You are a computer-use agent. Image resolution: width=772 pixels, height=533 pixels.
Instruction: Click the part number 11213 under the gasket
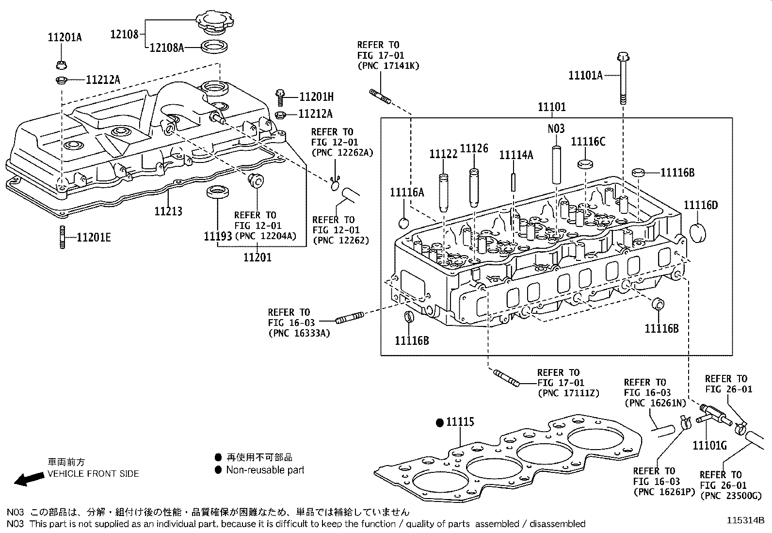click(168, 211)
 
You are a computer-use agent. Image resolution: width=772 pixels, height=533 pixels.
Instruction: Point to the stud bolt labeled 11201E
click(62, 237)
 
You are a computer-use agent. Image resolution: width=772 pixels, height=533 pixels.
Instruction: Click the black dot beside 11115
click(440, 422)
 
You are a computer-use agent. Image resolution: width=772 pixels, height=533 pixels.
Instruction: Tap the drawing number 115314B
click(745, 520)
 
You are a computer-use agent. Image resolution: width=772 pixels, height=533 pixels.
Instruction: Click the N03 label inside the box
click(556, 129)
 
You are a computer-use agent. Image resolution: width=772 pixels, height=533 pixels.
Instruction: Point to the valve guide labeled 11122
click(443, 193)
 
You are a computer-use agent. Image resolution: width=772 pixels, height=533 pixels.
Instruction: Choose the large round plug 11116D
click(696, 232)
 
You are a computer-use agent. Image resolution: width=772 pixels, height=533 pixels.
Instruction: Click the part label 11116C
click(588, 142)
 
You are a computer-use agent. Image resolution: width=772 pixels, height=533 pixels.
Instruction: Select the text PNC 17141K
click(388, 65)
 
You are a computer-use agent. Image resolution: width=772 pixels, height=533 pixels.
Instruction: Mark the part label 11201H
click(317, 97)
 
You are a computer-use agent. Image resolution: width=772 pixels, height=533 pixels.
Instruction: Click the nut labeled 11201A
click(62, 65)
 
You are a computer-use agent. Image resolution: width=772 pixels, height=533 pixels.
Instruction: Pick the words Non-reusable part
click(265, 469)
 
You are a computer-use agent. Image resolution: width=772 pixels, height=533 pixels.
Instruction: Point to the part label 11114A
click(516, 155)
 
